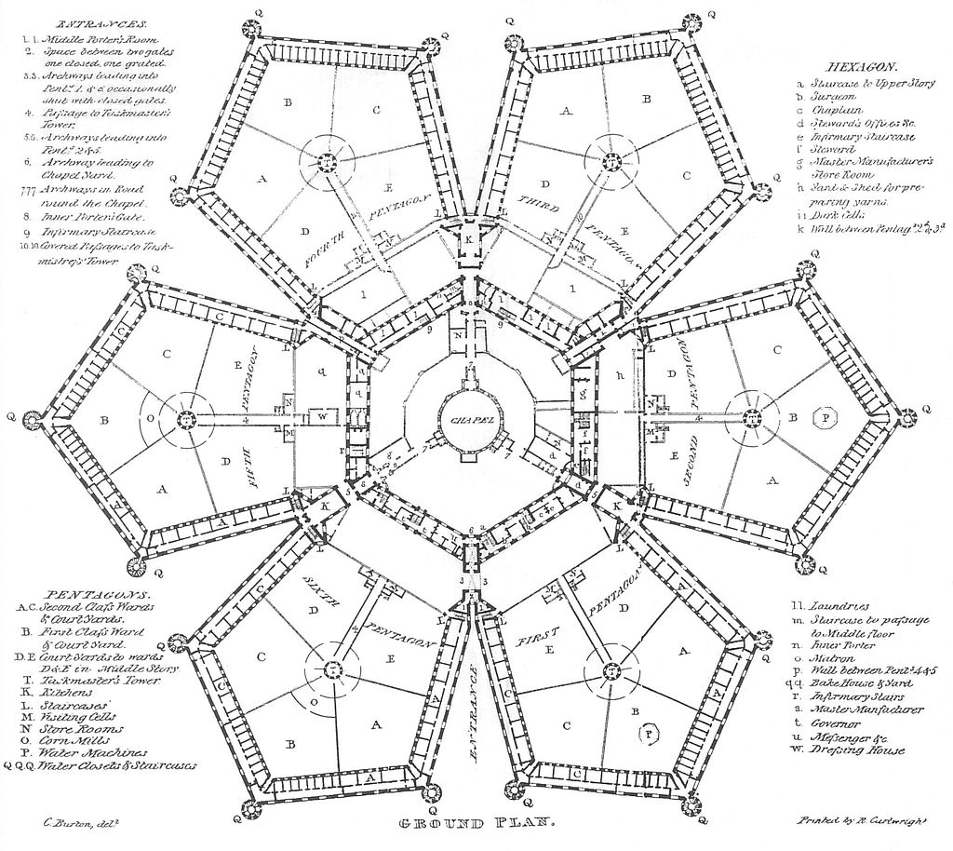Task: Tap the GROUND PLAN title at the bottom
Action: pyautogui.click(x=476, y=824)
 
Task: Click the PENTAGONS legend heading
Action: pyautogui.click(x=89, y=592)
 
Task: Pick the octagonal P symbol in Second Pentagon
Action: pyautogui.click(x=825, y=417)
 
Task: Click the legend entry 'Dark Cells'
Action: pyautogui.click(x=832, y=212)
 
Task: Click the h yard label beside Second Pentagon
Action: pyautogui.click(x=619, y=375)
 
